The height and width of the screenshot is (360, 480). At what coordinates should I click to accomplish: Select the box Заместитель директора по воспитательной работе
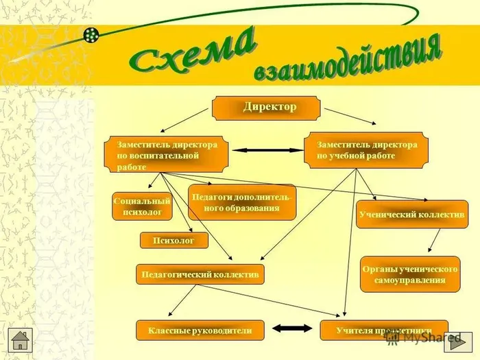167,156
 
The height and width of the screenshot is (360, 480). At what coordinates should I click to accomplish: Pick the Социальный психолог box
142,207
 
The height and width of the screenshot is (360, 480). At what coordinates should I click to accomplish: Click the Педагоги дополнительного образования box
242,203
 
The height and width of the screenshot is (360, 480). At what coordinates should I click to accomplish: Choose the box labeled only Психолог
173,241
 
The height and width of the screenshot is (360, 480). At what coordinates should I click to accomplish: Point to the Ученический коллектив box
411,215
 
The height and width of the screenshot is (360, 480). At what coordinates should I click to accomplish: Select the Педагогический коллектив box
200,274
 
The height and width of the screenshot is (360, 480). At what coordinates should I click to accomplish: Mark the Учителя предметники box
384,331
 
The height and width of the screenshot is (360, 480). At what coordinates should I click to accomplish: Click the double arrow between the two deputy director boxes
261,150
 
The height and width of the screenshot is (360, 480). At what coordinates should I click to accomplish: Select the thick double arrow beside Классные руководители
292,330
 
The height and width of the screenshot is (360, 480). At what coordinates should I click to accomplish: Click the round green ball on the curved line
92,34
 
